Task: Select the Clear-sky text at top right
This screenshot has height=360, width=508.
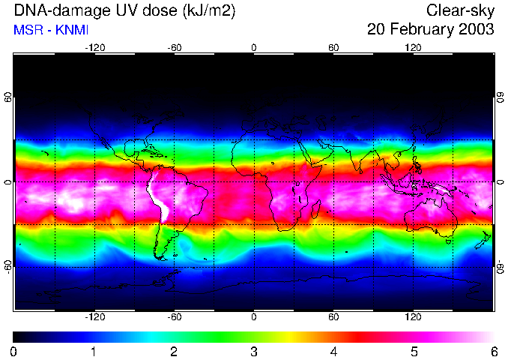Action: (460, 10)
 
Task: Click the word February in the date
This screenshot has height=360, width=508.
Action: (418, 30)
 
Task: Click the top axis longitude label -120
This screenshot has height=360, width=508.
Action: (94, 47)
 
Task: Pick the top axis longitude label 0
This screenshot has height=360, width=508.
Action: (254, 47)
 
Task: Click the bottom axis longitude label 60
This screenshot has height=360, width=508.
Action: (333, 316)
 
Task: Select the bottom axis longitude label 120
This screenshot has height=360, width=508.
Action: (414, 316)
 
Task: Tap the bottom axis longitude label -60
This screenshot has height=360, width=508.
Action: (174, 316)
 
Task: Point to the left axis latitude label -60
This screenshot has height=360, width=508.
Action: (7, 266)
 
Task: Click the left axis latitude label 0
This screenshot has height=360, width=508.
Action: (7, 182)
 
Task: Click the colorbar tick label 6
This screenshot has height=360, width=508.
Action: (493, 351)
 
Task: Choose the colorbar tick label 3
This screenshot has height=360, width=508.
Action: (253, 351)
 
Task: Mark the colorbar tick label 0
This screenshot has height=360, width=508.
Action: (14, 351)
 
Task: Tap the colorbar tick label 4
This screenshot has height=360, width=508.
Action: (333, 351)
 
